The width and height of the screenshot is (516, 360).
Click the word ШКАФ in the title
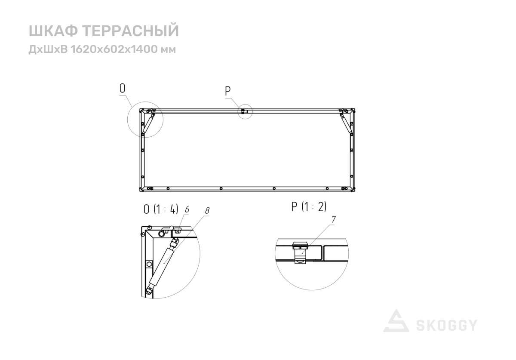click(53, 31)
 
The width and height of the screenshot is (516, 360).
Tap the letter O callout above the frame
click(122, 89)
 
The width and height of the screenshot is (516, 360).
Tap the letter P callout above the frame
click(227, 91)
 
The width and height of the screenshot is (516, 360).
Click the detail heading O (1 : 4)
click(161, 209)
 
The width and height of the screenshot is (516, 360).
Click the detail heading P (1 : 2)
click(309, 206)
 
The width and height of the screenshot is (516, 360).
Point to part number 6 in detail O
click(187, 209)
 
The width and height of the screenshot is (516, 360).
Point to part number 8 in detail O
click(207, 210)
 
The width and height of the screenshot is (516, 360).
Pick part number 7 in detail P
click(334, 219)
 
